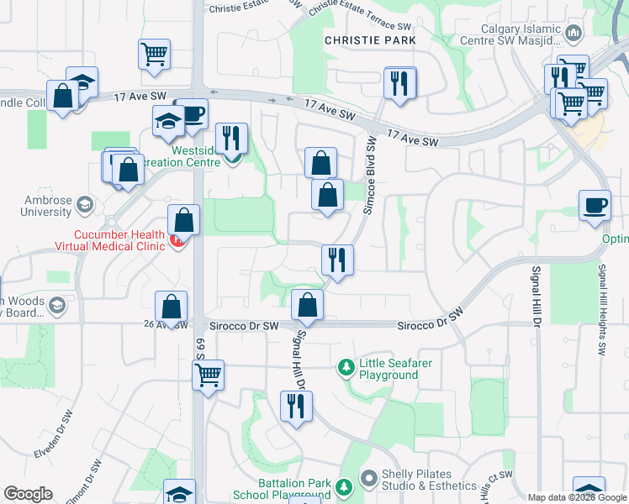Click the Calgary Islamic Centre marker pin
[574, 34]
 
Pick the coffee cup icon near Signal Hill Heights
[595, 206]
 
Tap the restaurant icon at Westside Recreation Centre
[230, 139]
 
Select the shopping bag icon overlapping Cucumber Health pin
[183, 220]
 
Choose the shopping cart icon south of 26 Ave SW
[208, 375]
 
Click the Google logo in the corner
[28, 494]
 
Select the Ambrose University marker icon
[83, 204]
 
